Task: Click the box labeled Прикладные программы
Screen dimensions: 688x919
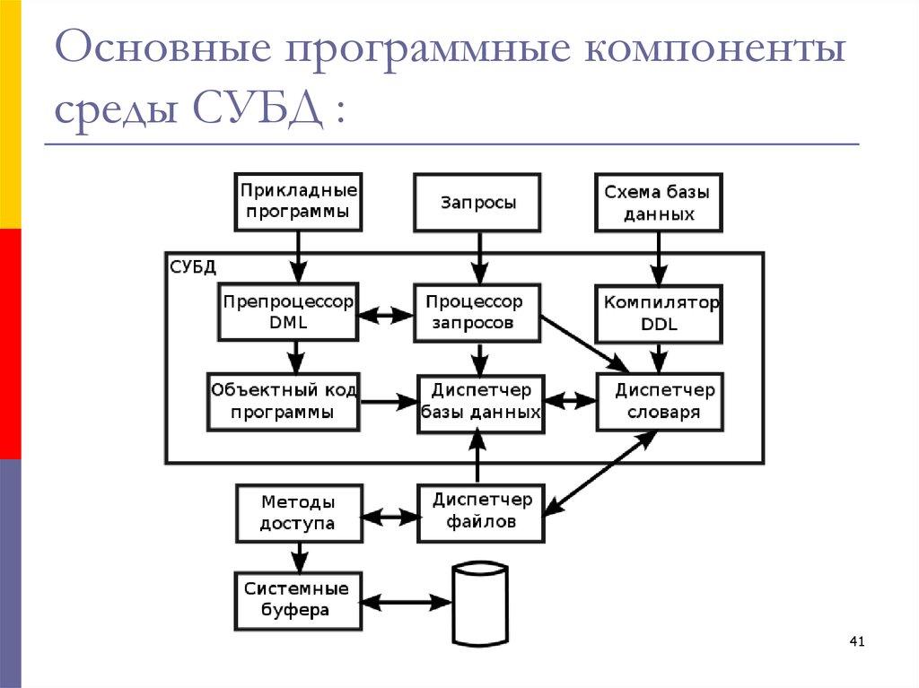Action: (298, 202)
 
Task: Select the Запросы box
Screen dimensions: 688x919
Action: (478, 203)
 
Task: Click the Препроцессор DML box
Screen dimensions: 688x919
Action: (287, 313)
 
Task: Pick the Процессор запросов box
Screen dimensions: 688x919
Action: (478, 313)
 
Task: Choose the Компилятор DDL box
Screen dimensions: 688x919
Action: (660, 313)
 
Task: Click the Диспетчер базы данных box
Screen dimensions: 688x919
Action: (481, 403)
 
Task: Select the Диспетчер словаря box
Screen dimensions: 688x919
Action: (661, 403)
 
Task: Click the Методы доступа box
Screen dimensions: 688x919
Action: (298, 513)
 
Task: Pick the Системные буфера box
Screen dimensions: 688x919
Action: (297, 600)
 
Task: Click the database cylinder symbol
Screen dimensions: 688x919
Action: (480, 603)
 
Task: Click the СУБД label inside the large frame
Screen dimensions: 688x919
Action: (192, 266)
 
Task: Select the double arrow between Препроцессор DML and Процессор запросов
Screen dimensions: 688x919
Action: (385, 314)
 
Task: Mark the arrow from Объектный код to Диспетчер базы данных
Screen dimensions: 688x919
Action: (388, 403)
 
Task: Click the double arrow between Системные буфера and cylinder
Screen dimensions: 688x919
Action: (406, 601)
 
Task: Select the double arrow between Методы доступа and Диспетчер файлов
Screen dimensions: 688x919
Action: (390, 517)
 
